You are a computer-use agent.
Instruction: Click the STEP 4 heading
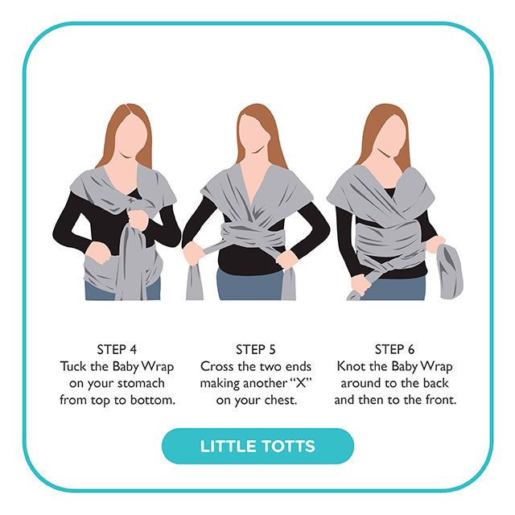(x=117, y=349)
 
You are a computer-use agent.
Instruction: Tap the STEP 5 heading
(x=256, y=349)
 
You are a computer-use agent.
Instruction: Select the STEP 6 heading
(x=394, y=349)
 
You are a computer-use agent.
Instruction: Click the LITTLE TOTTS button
(x=257, y=446)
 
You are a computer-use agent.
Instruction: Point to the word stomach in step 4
(x=141, y=383)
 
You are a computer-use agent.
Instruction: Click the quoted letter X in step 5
(x=301, y=383)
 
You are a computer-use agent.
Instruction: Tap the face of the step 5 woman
(x=253, y=134)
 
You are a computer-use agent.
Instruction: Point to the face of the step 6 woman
(x=391, y=135)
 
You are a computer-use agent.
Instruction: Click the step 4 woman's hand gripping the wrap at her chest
(x=138, y=220)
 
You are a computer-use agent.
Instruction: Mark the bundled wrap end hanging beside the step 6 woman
(x=449, y=271)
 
